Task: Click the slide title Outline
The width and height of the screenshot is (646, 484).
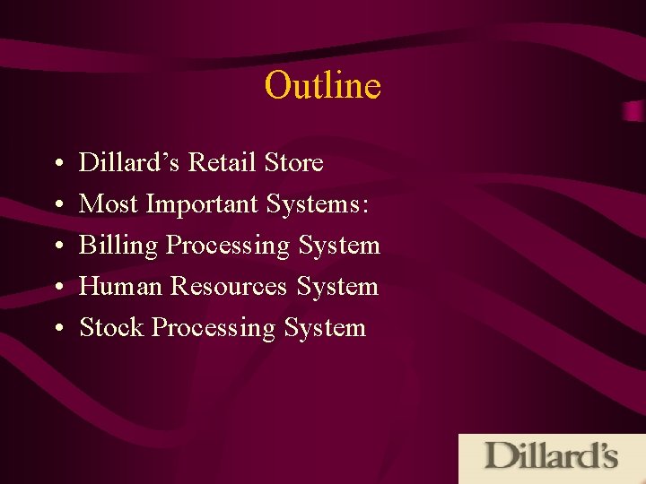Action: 322,86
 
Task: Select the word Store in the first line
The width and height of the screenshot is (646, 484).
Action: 294,163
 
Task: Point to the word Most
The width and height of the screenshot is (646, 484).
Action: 109,204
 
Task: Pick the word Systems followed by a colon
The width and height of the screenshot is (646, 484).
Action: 317,204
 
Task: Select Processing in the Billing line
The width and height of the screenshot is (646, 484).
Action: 228,246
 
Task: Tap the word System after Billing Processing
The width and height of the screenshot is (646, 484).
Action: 339,246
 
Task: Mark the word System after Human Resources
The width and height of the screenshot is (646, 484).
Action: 337,287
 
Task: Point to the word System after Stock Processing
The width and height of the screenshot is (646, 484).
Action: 325,328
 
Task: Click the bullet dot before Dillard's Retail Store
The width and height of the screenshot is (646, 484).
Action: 57,165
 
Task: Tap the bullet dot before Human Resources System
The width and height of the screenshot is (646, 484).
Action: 57,289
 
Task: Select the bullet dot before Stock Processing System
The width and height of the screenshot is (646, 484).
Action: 57,330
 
